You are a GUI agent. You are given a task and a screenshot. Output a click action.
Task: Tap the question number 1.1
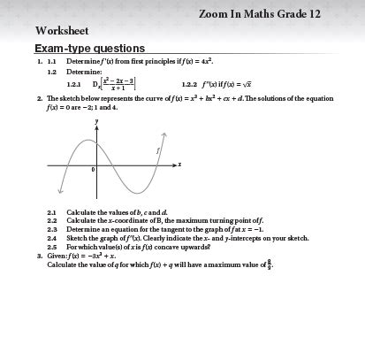tap(51, 63)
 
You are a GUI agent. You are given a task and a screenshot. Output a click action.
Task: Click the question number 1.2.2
tap(192, 85)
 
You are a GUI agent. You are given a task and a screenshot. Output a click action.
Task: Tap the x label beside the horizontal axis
tap(179, 164)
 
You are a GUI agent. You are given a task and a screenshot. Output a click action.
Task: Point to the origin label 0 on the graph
tap(93, 168)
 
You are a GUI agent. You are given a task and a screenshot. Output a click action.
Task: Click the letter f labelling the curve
tap(157, 152)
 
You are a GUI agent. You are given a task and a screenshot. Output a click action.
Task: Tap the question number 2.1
tap(52, 213)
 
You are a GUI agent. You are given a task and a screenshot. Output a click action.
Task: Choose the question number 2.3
tap(52, 229)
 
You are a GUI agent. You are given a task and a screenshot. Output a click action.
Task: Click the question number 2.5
tap(52, 246)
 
